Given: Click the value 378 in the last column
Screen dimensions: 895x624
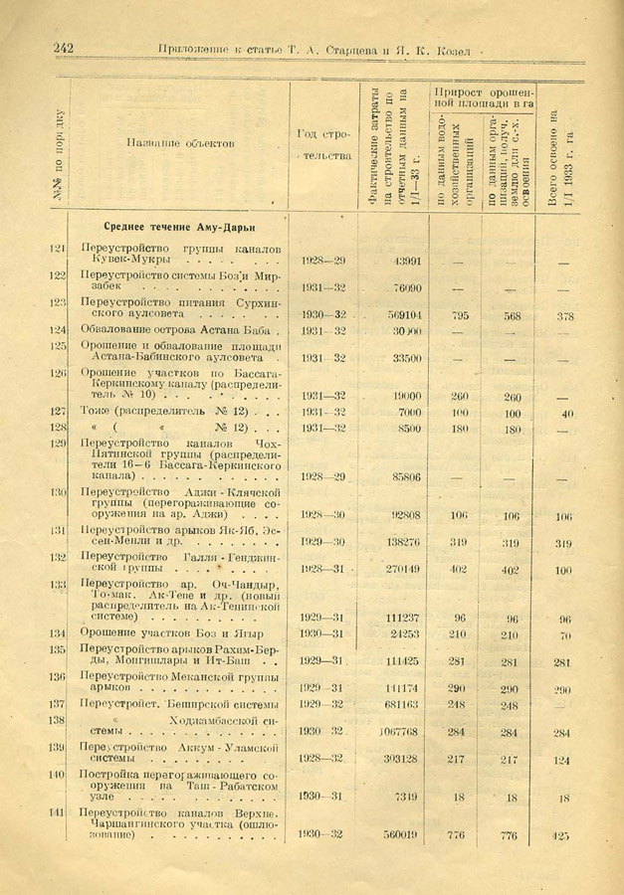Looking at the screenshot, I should coord(564,316).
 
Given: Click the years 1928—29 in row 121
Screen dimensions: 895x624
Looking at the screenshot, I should coord(321,261).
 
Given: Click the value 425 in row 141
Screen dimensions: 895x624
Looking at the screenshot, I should coord(563,834).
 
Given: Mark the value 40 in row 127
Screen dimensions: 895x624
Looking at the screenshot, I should coord(566,413).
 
